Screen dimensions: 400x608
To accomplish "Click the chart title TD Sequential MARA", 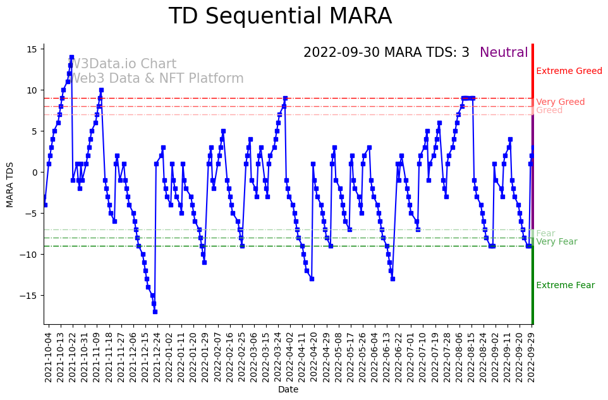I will click(280, 16).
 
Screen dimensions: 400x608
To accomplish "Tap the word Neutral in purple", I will click(504, 52).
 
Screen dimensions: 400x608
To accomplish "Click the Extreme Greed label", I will click(569, 71).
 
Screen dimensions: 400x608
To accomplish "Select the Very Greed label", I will click(560, 102).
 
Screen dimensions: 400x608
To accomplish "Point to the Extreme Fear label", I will click(565, 285).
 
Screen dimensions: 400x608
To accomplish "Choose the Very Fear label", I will click(556, 241).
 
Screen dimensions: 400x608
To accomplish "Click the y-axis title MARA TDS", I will click(10, 184).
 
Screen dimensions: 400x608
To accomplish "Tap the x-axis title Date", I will click(288, 389).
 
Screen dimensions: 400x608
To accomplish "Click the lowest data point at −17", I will click(155, 312).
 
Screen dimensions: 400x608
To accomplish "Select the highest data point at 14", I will click(71, 57).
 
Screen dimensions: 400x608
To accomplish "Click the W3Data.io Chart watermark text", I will click(122, 64).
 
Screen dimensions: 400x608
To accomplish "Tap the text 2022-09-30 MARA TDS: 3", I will click(386, 52).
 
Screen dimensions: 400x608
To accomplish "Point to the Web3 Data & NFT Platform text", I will click(155, 78).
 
